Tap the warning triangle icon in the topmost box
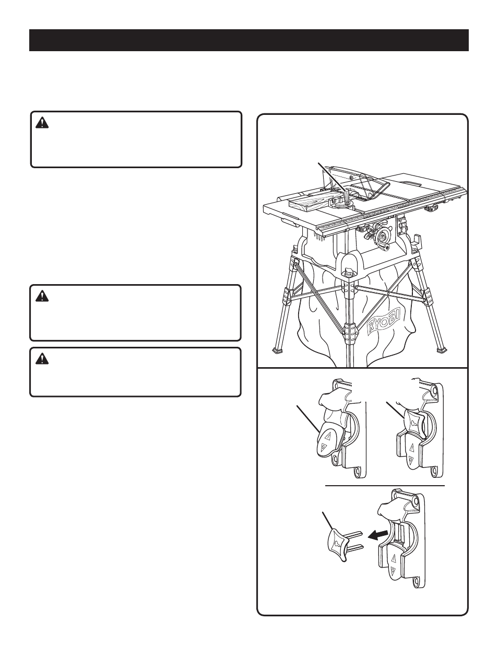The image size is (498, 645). [x=42, y=123]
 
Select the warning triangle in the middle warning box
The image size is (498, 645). [x=42, y=296]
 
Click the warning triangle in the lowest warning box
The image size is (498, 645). [x=42, y=359]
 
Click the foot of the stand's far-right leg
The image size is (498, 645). [x=442, y=350]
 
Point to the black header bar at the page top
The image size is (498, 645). [x=249, y=40]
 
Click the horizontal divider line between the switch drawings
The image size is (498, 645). [x=385, y=486]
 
